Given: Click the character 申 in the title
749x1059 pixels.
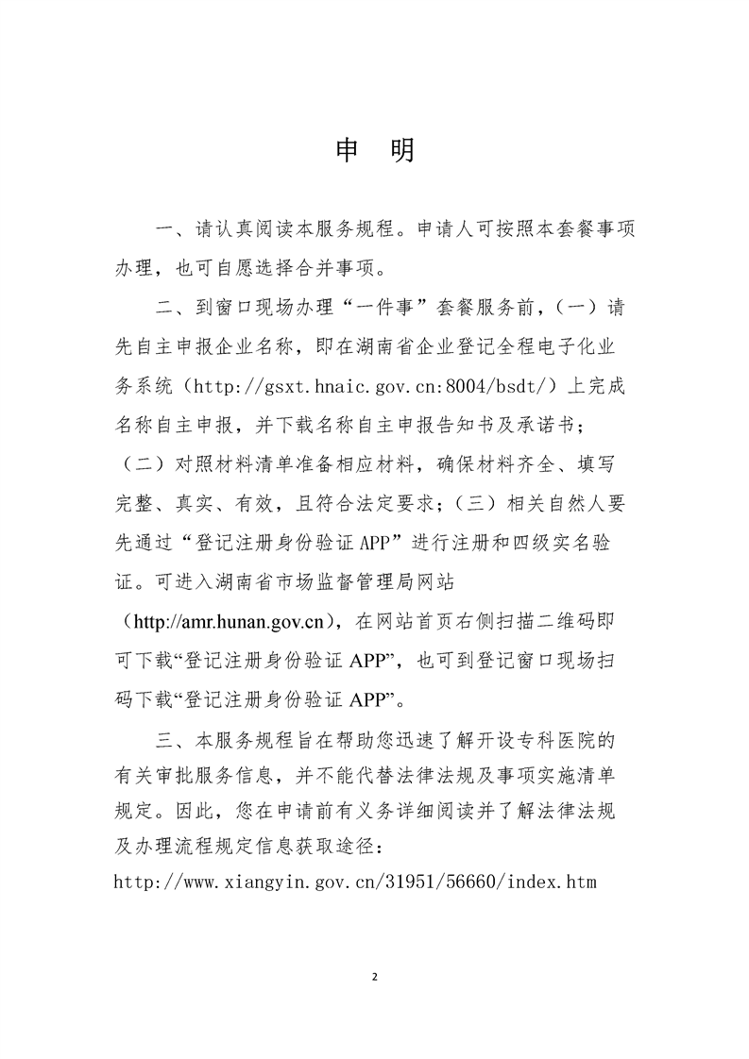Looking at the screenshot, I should pyautogui.click(x=349, y=151).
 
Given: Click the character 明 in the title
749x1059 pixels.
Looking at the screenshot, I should pyautogui.click(x=401, y=151).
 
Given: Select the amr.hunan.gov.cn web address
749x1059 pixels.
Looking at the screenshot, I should pyautogui.click(x=230, y=622).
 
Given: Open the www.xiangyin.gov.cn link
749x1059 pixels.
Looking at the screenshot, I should pyautogui.click(x=354, y=882).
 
